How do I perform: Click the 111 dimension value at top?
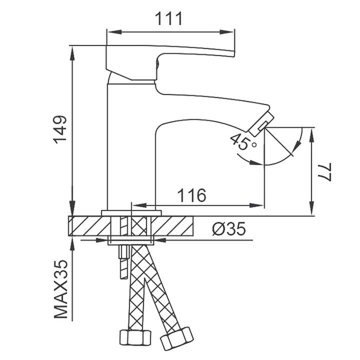(x=169, y=18)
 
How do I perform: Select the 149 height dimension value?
(x=60, y=129)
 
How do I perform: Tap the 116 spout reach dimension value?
(x=192, y=195)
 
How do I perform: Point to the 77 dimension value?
(x=324, y=172)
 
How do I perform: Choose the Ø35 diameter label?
(x=229, y=228)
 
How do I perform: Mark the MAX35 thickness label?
(x=61, y=289)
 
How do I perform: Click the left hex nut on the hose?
(x=135, y=337)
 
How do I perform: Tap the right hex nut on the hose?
(x=177, y=338)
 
